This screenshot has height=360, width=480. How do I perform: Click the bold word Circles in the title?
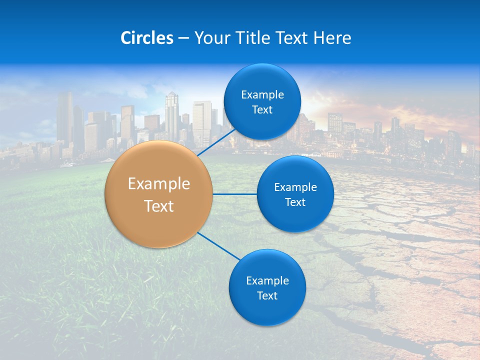pos(147,38)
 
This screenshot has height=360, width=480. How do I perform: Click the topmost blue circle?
pos(262,80)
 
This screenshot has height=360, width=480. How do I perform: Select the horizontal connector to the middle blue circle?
pos(234,194)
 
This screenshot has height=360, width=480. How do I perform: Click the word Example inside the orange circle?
pos(159,184)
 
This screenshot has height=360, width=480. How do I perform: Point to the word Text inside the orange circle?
pos(159,206)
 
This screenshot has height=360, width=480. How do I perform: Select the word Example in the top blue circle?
pos(262,95)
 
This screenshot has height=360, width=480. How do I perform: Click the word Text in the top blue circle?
pos(262,110)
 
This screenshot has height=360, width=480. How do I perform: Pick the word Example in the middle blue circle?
pos(295,187)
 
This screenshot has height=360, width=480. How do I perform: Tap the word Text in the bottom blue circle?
pos(267,296)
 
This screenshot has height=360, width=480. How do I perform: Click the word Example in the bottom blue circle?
pos(267,281)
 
